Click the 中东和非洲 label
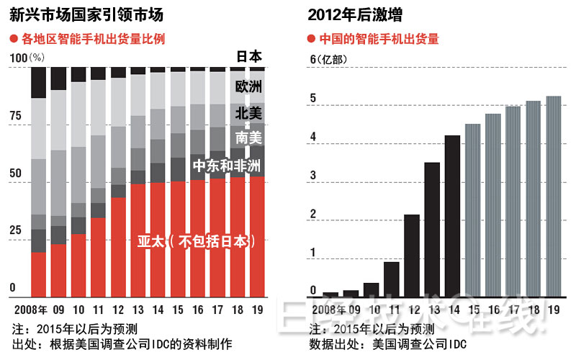tap(226, 166)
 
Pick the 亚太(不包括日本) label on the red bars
tap(196, 242)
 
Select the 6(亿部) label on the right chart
tap(328, 59)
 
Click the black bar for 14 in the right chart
tap(451, 216)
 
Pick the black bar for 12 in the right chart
tap(411, 255)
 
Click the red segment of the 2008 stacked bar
tap(38, 274)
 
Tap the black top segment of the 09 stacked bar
tap(58, 79)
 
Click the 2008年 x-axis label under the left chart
tap(31, 310)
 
